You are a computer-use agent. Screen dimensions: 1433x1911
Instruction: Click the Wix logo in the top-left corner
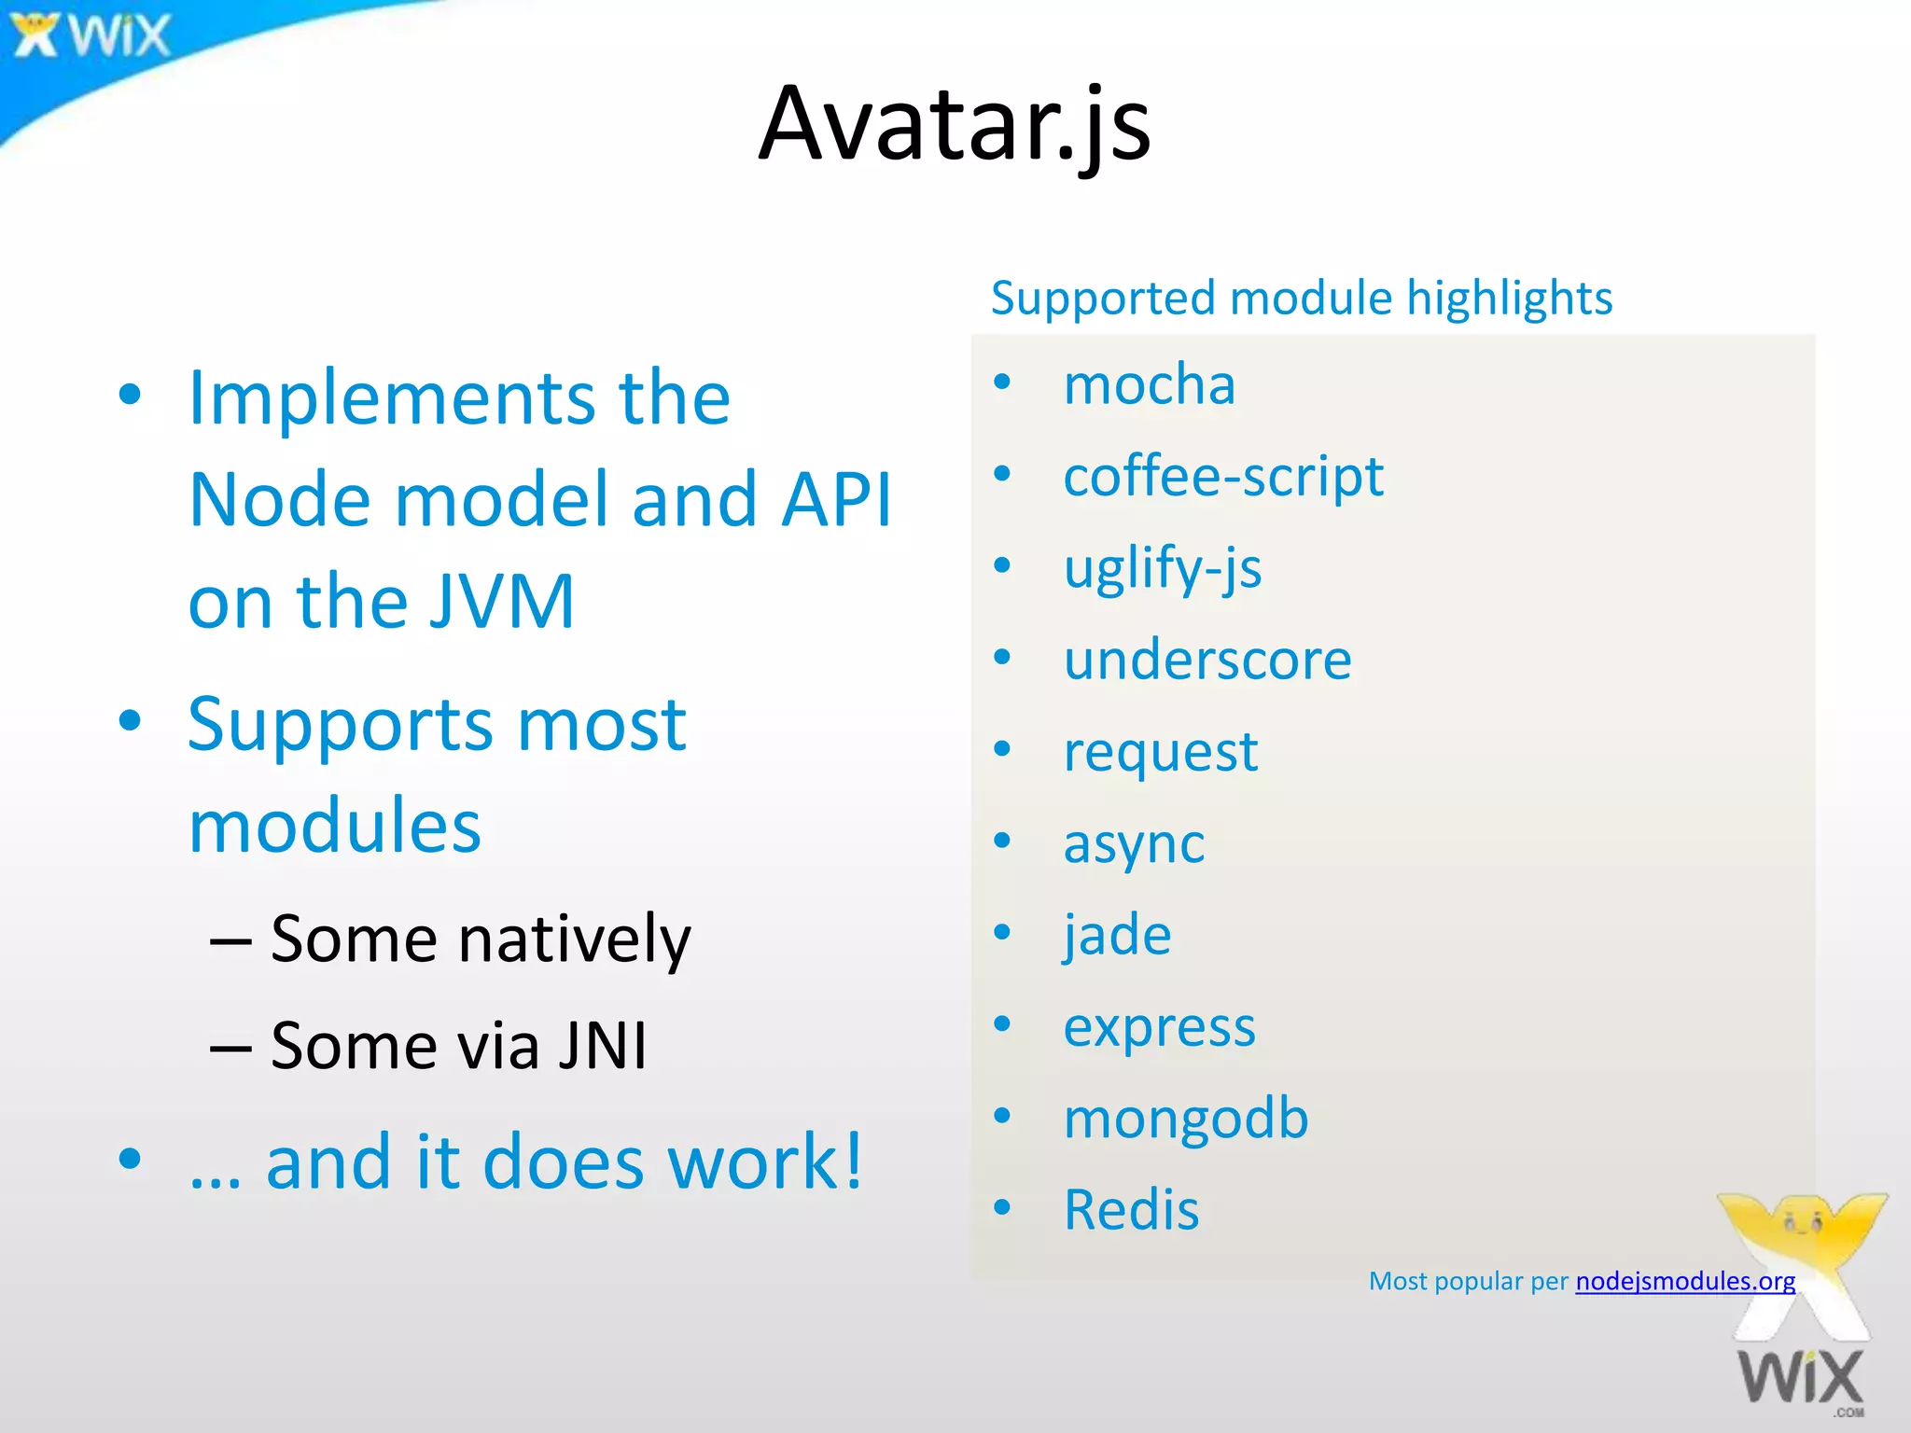coord(91,35)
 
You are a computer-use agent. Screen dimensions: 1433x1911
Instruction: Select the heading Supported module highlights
coord(1301,299)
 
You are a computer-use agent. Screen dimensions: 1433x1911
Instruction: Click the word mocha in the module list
coord(1149,384)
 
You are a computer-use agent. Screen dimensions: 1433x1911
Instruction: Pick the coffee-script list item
coord(1222,476)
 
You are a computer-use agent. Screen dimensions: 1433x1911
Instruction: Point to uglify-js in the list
coord(1162,567)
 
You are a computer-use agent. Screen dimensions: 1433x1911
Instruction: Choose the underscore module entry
coord(1207,660)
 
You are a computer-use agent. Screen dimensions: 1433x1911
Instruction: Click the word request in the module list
coord(1160,751)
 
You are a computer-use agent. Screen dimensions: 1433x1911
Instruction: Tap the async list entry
coord(1134,843)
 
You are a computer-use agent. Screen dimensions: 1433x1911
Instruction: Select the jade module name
coord(1117,934)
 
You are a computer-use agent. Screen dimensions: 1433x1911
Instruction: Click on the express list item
coord(1159,1026)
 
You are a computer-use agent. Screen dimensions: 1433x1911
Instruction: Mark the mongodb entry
coord(1185,1118)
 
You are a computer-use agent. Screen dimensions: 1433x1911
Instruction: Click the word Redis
coord(1131,1210)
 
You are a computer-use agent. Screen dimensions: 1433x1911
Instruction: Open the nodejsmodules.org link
coord(1684,1281)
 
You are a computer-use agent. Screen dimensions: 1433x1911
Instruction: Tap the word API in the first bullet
coord(836,500)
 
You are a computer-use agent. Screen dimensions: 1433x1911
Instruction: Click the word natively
coord(574,939)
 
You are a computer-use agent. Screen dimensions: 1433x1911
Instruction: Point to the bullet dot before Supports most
coord(131,720)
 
